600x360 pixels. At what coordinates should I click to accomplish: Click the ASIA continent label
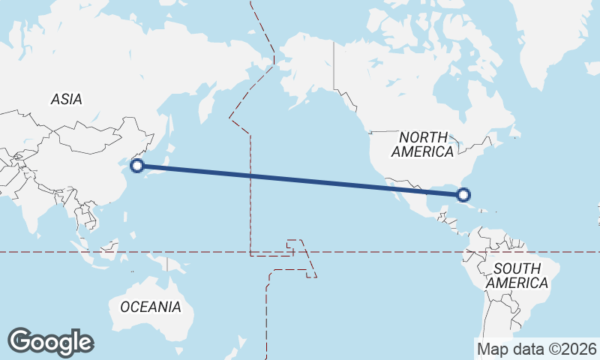pos(66,99)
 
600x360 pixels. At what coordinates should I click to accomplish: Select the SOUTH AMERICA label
pos(517,275)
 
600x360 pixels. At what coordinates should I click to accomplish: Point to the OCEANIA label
pos(151,307)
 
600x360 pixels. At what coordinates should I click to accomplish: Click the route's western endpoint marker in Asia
pos(136,166)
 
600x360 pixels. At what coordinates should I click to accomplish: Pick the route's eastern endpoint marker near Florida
pos(463,195)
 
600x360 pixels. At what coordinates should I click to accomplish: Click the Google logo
pos(50,342)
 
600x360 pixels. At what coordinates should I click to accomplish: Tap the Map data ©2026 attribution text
pos(537,349)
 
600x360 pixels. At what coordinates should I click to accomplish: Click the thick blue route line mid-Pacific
pos(300,180)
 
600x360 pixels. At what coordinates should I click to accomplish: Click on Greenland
pos(547,45)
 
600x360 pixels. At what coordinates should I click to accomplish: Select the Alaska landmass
pos(304,67)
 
